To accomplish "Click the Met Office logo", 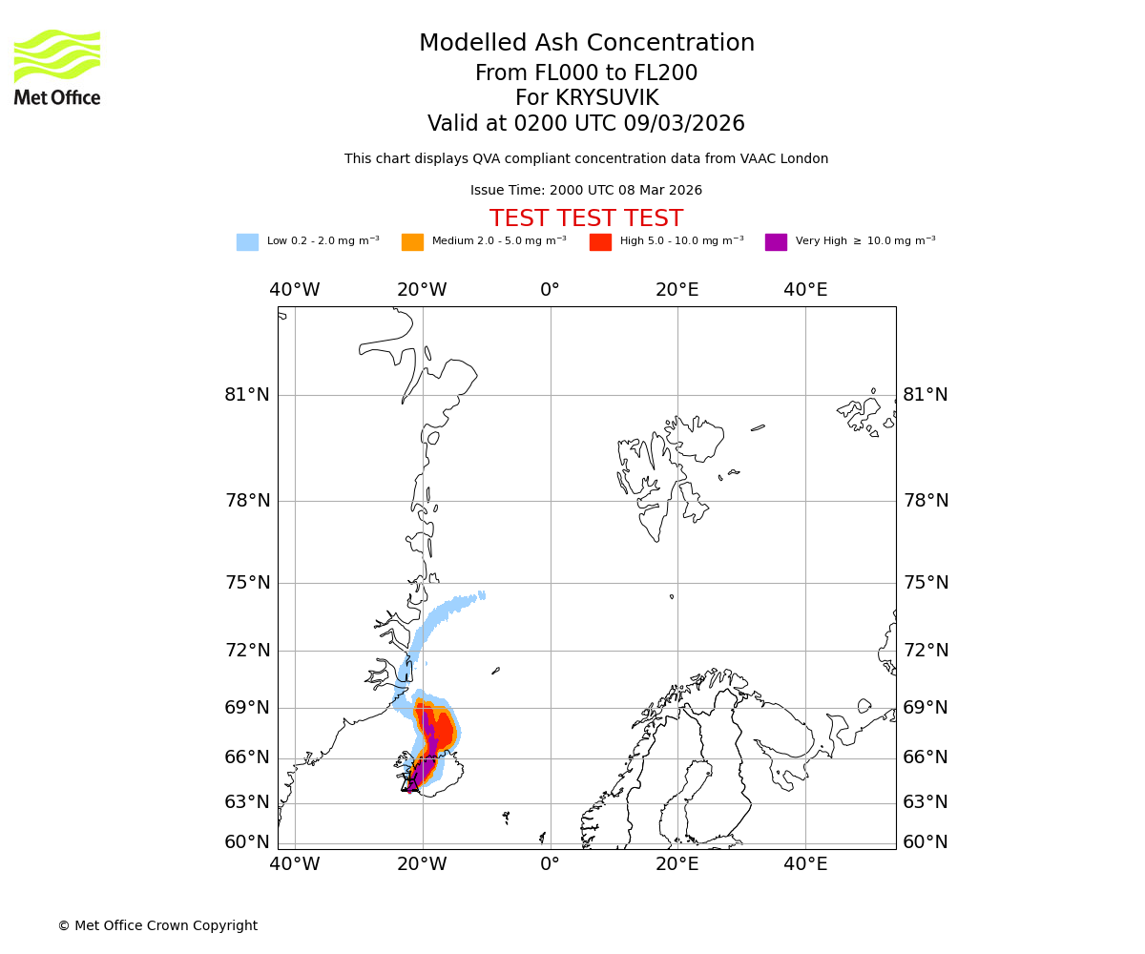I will point(57,67).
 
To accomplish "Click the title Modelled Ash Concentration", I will point(586,43).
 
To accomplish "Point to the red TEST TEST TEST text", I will point(586,218).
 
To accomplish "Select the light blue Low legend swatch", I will point(247,241).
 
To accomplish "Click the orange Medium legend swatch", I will point(412,241).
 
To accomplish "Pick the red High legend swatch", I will point(600,241).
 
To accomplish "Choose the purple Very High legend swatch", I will point(776,241).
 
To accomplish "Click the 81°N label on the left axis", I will point(247,395).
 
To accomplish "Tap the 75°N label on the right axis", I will point(926,583).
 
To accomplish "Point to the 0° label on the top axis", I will point(550,290).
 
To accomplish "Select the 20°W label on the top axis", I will point(422,290).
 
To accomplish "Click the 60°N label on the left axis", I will point(247,842).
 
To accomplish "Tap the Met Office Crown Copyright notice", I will point(157,925).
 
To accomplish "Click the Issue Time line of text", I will point(586,191).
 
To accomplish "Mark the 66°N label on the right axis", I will point(926,757).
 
